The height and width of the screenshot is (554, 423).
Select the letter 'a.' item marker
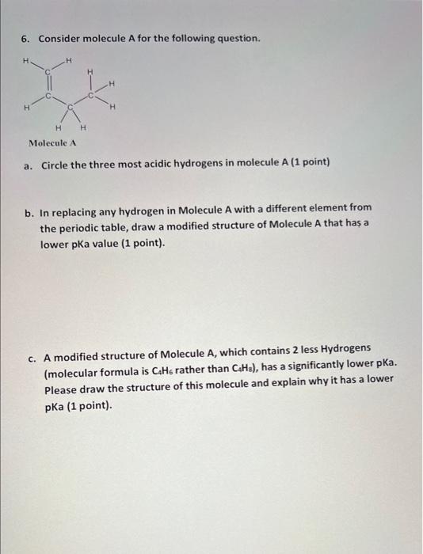29,164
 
